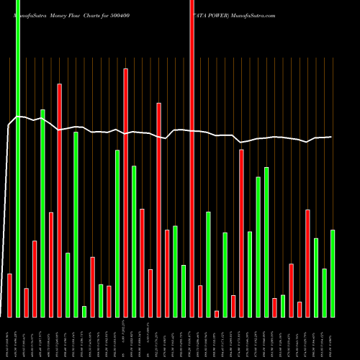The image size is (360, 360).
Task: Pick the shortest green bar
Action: [x=84, y=311]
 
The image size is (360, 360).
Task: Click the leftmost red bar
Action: [x=9, y=295]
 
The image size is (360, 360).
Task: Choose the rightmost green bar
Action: [x=333, y=273]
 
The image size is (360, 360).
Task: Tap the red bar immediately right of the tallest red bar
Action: [x=200, y=301]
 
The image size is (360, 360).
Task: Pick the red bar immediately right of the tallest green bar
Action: [x=26, y=302]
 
